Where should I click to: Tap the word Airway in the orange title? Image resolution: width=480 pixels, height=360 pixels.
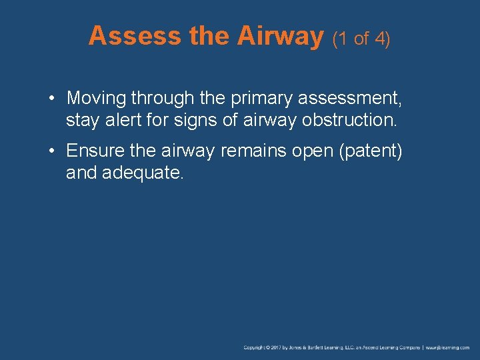pyautogui.click(x=279, y=36)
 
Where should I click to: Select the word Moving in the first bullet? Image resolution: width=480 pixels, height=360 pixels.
pyautogui.click(x=96, y=99)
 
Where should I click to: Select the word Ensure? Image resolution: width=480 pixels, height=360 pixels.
pyautogui.click(x=96, y=151)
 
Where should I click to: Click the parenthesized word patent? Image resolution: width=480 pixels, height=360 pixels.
pyautogui.click(x=371, y=151)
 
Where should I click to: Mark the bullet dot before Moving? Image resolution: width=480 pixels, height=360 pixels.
pyautogui.click(x=52, y=99)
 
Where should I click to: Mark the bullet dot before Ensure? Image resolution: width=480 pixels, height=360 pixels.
pyautogui.click(x=52, y=152)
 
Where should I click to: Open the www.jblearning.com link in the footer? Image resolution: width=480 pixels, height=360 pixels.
pyautogui.click(x=448, y=347)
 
